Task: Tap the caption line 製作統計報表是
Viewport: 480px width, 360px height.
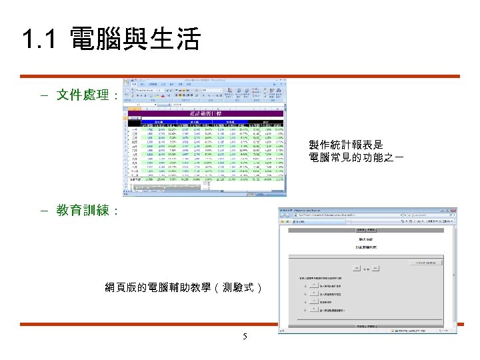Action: (x=346, y=145)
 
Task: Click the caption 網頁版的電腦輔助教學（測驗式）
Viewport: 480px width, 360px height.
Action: (x=184, y=288)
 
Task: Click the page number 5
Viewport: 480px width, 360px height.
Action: (x=245, y=336)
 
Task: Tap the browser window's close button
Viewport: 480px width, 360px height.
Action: (x=454, y=210)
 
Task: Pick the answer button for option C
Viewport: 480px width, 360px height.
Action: (x=314, y=301)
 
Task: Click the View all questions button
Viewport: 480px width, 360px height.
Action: (x=426, y=263)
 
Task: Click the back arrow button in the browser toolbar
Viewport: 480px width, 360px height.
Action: (x=283, y=216)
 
